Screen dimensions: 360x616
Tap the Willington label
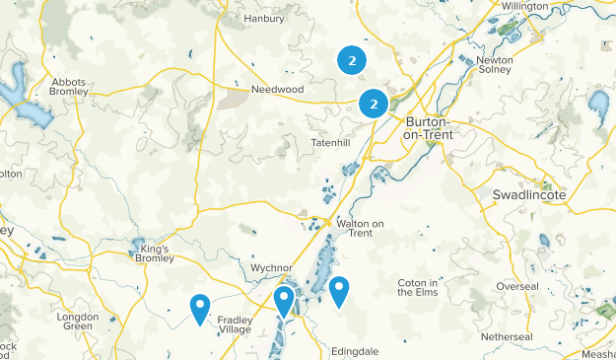(x=524, y=6)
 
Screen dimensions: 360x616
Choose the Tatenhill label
(x=331, y=143)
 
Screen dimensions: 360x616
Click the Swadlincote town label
(x=528, y=195)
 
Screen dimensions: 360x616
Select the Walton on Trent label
(x=366, y=229)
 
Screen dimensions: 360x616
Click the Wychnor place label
(x=273, y=267)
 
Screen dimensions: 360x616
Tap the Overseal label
(x=517, y=286)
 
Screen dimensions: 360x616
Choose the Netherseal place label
(x=508, y=336)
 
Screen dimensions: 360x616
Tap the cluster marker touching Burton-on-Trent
(x=374, y=103)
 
